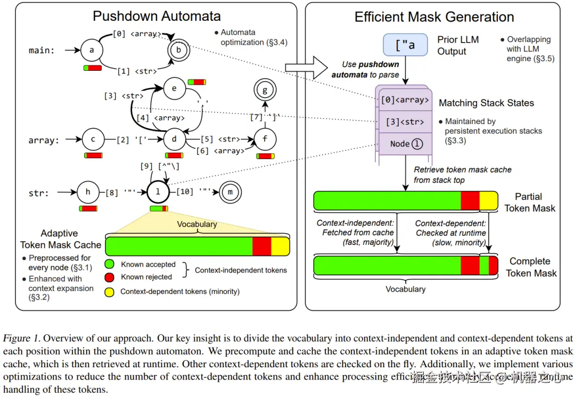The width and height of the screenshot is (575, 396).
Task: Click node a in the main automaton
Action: [92, 51]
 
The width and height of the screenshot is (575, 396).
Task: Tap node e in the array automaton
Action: [174, 89]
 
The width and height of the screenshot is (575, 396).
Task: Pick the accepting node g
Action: [265, 90]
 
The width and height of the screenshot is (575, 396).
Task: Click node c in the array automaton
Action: [93, 140]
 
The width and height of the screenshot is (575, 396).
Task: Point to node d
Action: [174, 140]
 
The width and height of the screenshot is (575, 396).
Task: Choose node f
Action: [265, 140]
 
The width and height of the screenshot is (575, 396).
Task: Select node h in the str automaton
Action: [88, 192]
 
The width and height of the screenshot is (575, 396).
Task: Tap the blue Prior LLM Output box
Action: [405, 45]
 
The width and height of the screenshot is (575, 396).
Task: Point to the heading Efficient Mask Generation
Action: [434, 17]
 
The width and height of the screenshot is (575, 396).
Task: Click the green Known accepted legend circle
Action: [110, 264]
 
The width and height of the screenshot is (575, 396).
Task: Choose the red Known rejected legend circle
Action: [110, 277]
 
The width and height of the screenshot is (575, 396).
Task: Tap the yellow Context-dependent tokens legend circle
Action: [110, 291]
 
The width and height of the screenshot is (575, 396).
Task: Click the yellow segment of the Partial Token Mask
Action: [488, 201]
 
